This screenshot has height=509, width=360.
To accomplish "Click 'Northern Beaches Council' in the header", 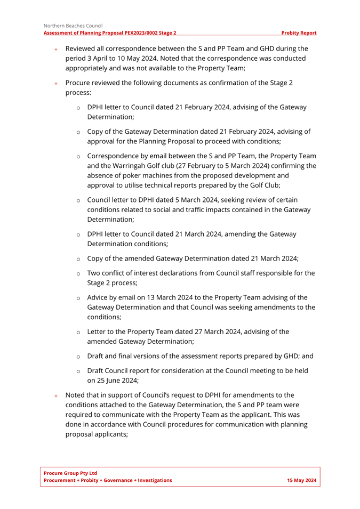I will pos(73,25).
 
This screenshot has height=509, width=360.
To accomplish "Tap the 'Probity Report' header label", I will pos(299,33).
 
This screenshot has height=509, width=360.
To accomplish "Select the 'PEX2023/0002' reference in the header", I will pos(142,33).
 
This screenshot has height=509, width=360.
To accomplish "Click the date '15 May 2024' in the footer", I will pos(302,480).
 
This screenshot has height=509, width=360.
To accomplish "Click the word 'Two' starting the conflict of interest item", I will pos(94,273).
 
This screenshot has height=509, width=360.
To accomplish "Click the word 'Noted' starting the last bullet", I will pos(76,395).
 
